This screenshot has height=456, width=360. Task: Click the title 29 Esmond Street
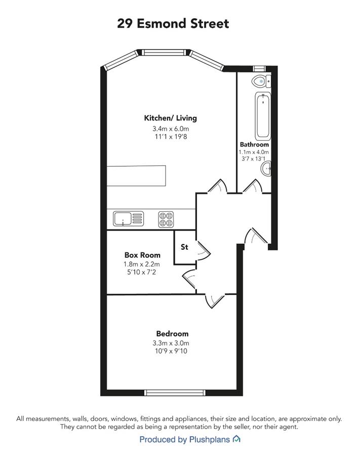coord(173,23)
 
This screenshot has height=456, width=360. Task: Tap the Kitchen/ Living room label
coord(170,118)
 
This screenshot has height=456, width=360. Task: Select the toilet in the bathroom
coord(261,81)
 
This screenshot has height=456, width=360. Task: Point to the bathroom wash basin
coord(266,169)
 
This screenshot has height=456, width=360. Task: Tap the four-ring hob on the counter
coord(166,219)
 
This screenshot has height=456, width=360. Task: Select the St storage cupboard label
coord(184,247)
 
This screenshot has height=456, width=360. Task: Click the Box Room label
coord(142,255)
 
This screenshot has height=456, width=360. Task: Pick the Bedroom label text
coord(172,333)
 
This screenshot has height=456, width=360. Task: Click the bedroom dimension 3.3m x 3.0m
coord(171,343)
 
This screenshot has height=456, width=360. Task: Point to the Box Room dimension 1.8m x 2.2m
coord(141,264)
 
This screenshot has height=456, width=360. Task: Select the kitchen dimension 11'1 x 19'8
coord(171,136)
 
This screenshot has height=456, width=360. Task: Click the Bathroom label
coord(254,144)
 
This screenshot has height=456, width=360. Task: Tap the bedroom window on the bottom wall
coord(175,393)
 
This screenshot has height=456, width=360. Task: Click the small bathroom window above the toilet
coord(259,68)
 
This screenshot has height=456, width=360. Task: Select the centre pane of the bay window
coord(163,52)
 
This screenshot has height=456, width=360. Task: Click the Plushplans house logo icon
coord(236,439)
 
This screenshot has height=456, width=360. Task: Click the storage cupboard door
coord(204,250)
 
